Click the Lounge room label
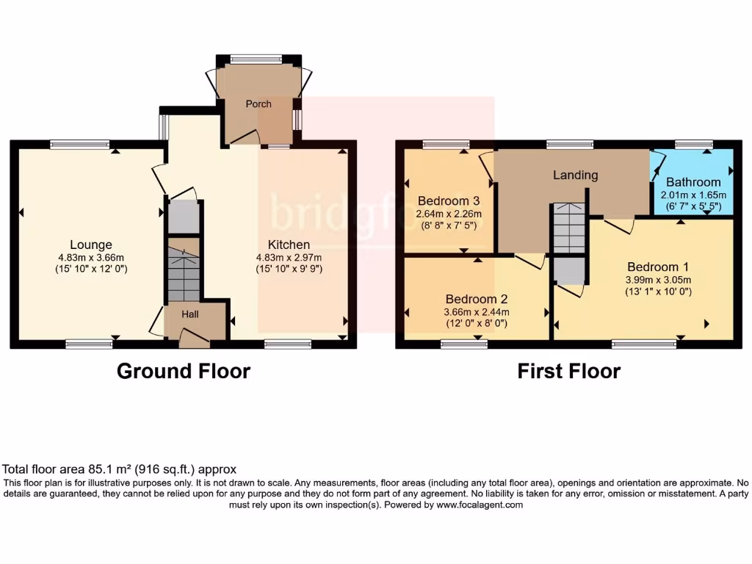click(x=91, y=245)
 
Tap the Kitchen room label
click(x=289, y=245)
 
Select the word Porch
click(x=258, y=104)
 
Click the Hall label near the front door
click(x=190, y=314)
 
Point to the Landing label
click(x=576, y=176)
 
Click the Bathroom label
click(x=693, y=182)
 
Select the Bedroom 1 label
click(x=657, y=267)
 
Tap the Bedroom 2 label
click(x=476, y=299)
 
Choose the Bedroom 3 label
click(x=449, y=201)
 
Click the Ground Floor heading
click(x=184, y=372)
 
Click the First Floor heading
click(x=568, y=372)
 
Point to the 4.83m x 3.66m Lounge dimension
click(x=91, y=258)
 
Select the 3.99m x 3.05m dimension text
click(x=657, y=279)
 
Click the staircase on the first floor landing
click(x=569, y=228)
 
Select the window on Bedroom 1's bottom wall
click(x=644, y=343)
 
